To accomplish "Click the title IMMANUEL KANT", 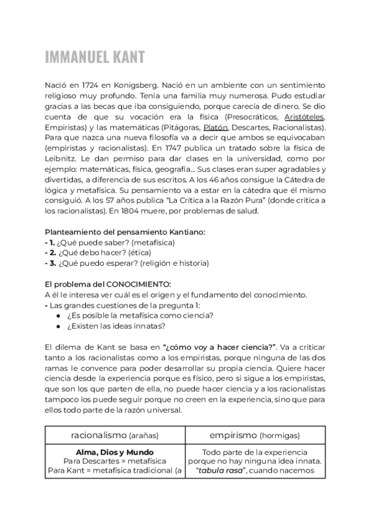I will (95, 57).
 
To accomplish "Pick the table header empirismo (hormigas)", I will (255, 435).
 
